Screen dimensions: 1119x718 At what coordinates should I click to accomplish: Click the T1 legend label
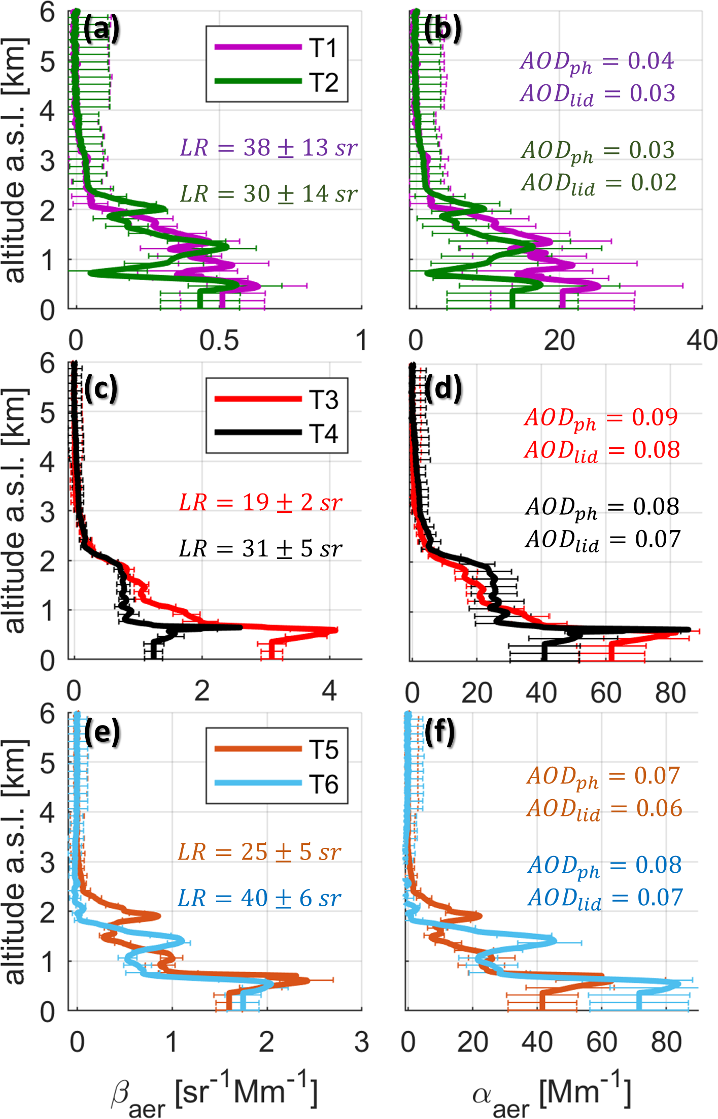(324, 48)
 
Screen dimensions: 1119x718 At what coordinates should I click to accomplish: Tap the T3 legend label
(324, 400)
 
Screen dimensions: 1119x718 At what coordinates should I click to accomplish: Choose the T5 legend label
(324, 750)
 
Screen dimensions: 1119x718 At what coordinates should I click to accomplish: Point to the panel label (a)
(101, 29)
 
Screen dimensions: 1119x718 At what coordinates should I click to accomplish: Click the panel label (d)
(443, 389)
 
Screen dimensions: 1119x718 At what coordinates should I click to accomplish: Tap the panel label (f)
(440, 733)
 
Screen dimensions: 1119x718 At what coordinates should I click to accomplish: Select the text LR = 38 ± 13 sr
(269, 148)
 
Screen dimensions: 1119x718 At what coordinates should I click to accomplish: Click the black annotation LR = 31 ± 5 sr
(261, 549)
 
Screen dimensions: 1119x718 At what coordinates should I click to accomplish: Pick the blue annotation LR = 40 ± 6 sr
(259, 898)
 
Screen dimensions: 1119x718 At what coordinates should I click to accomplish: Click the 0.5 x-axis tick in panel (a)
(219, 341)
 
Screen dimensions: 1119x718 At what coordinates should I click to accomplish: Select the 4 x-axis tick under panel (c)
(329, 691)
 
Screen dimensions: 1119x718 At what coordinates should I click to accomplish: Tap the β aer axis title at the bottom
(214, 1093)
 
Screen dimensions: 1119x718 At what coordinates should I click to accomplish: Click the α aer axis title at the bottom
(552, 1093)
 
